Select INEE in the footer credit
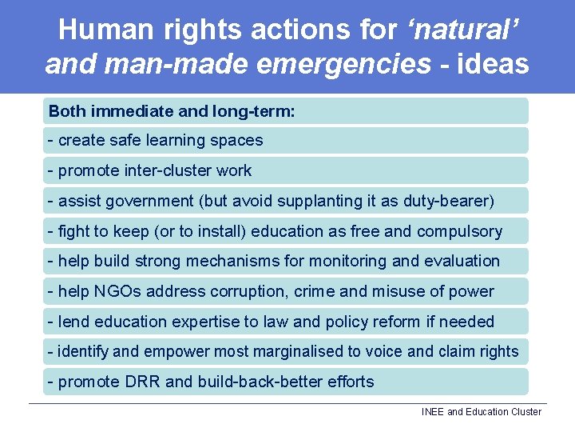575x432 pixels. (433, 412)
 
